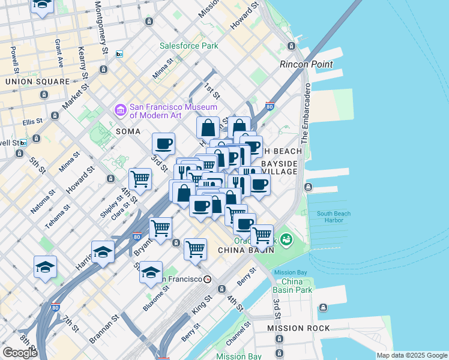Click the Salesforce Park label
click(188, 46)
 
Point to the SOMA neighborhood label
click(128, 131)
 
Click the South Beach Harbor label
click(330, 217)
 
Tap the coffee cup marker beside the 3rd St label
click(163, 144)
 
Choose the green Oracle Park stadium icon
click(286, 241)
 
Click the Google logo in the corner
click(20, 353)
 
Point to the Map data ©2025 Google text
click(412, 355)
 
